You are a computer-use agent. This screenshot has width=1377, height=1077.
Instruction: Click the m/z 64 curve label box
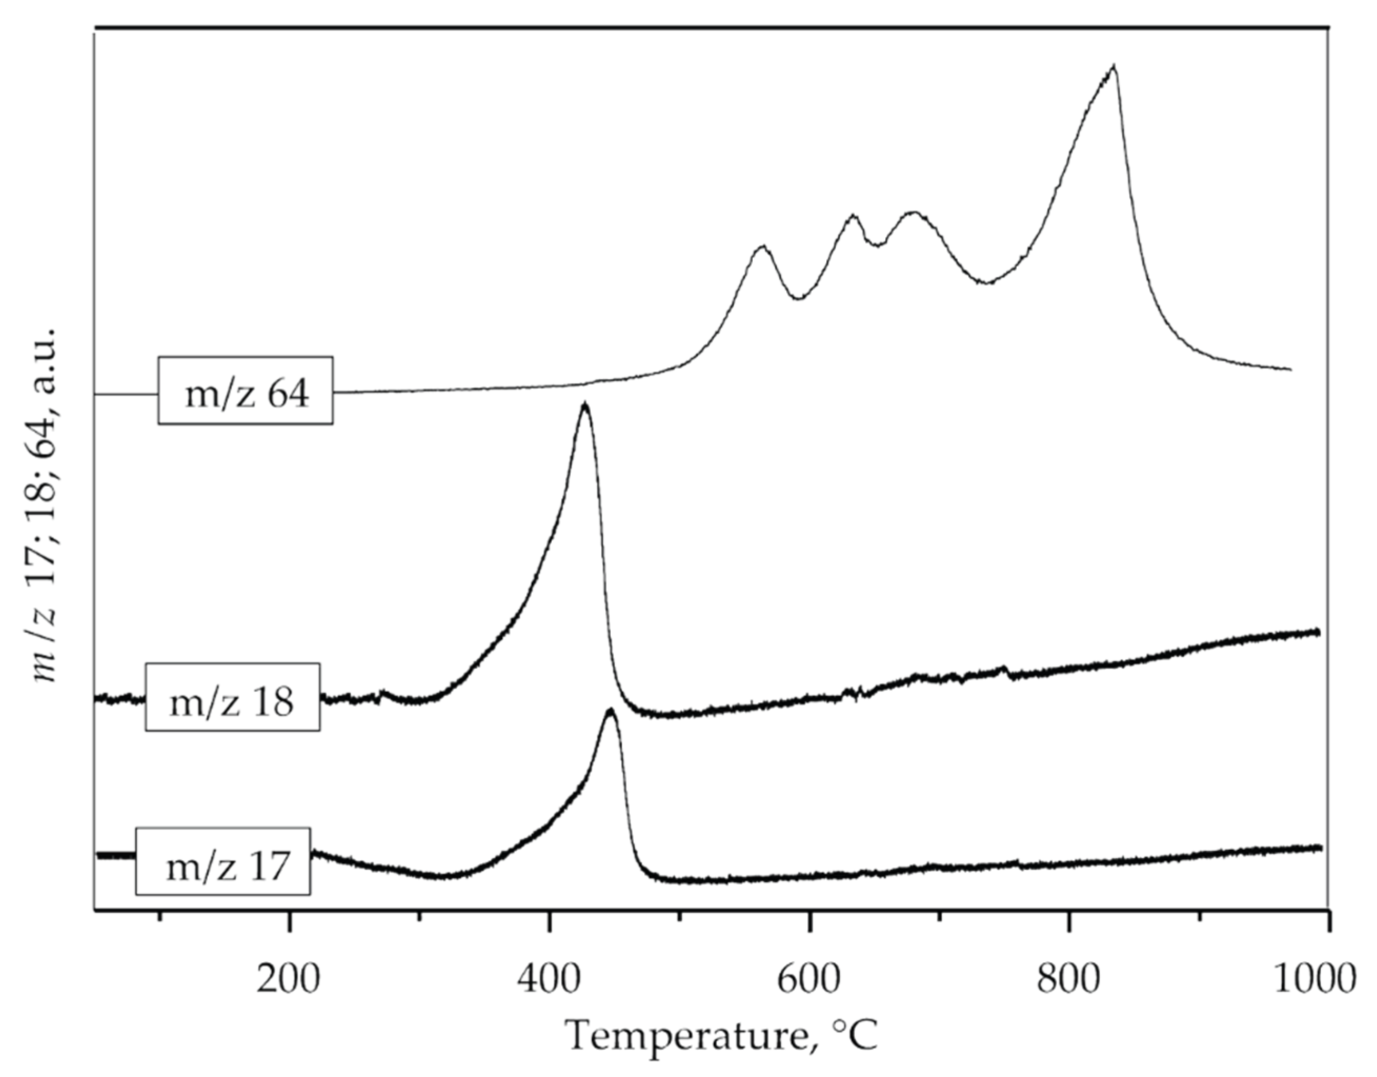[x=245, y=390]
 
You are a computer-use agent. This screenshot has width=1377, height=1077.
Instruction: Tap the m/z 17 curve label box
[x=223, y=861]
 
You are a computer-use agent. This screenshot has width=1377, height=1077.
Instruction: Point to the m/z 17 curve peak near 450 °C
[x=610, y=711]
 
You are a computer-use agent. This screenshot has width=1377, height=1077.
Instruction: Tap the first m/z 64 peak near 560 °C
[x=762, y=247]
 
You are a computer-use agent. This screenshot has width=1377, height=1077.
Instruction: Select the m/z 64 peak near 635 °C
[x=853, y=216]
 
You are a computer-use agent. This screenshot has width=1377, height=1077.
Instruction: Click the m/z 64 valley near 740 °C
[x=987, y=283]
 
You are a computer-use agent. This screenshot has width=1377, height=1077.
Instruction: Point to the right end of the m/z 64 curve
[x=1291, y=369]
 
